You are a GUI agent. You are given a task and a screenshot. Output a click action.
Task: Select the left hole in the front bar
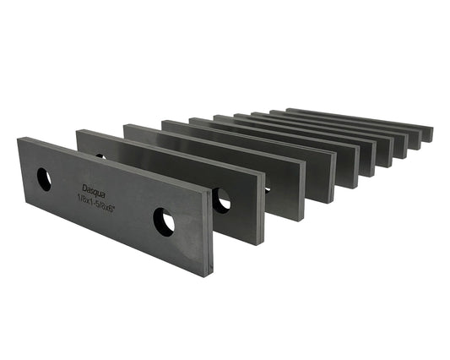point(44,179)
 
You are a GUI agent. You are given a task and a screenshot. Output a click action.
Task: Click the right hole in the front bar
point(164,222)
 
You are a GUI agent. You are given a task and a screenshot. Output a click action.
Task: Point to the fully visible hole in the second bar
point(221,199)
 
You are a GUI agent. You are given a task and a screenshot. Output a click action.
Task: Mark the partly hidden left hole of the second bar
point(100,155)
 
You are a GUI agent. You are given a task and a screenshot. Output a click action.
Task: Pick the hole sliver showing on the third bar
point(267,189)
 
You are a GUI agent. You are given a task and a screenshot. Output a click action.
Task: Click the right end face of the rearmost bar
point(428,134)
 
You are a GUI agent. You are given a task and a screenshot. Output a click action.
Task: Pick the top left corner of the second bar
point(79,131)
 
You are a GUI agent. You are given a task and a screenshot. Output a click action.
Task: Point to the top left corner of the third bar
point(126,125)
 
